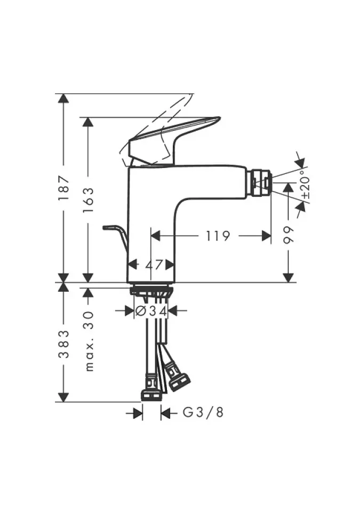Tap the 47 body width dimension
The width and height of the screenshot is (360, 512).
pyautogui.click(x=151, y=263)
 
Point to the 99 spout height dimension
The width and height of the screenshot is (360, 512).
pyautogui.click(x=289, y=235)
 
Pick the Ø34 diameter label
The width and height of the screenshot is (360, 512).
pyautogui.click(x=151, y=310)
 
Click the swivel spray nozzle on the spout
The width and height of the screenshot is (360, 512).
pyautogui.click(x=261, y=182)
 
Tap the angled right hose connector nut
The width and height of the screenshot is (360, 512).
pyautogui.click(x=179, y=379)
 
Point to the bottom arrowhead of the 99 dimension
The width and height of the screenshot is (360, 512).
pyautogui.click(x=289, y=277)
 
